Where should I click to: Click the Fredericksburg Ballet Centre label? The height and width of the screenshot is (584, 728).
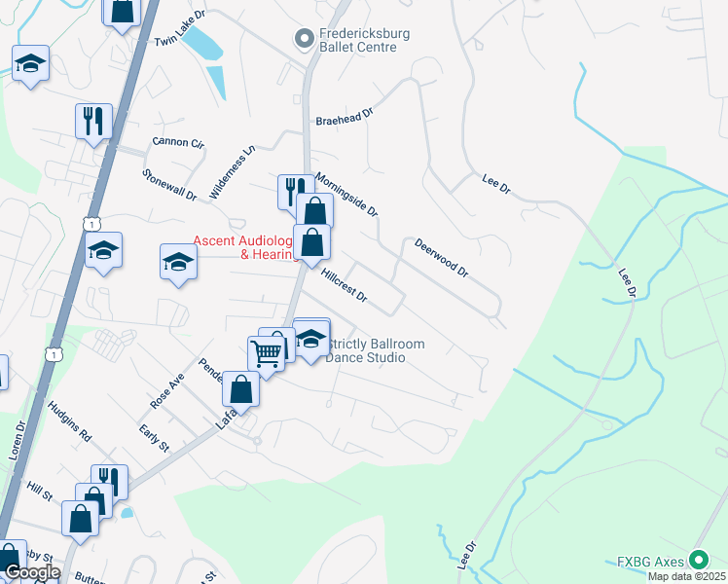[365, 40]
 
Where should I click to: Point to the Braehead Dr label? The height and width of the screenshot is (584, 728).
[344, 118]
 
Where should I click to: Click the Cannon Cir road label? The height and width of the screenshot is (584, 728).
[178, 143]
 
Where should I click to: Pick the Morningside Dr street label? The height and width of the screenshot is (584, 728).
[346, 195]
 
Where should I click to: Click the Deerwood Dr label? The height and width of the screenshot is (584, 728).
[441, 258]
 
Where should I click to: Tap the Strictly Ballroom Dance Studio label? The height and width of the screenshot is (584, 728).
[378, 350]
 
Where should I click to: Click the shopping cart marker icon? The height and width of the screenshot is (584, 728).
[265, 352]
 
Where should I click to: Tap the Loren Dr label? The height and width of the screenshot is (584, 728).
[20, 438]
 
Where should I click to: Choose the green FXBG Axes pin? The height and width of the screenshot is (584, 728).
[698, 560]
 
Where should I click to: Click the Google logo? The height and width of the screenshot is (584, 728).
[31, 572]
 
